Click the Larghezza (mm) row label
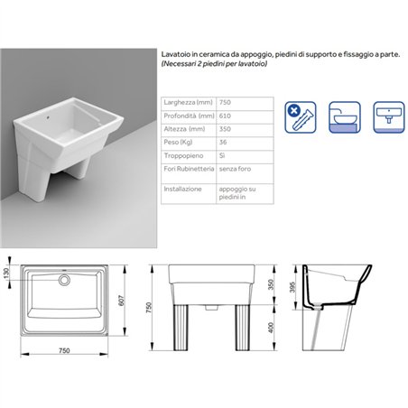188,102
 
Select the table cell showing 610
225,116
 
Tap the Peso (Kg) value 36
223,142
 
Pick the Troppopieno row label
183,155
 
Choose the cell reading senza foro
235,169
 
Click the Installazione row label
182,189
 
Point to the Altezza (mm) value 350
225,129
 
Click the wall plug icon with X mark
301,117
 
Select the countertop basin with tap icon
345,117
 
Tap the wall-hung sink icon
389,117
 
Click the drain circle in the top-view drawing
64,280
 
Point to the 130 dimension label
6,274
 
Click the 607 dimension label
121,301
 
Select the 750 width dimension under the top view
64,350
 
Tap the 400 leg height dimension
271,328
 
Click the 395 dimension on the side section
292,287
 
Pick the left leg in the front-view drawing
181,328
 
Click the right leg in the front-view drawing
242,328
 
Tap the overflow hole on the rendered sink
48,118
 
